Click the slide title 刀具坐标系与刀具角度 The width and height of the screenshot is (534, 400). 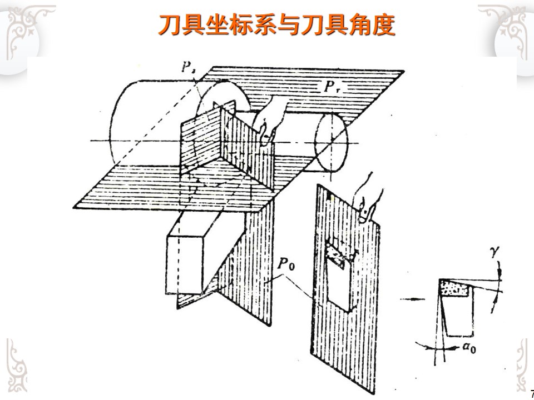pos(276,26)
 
